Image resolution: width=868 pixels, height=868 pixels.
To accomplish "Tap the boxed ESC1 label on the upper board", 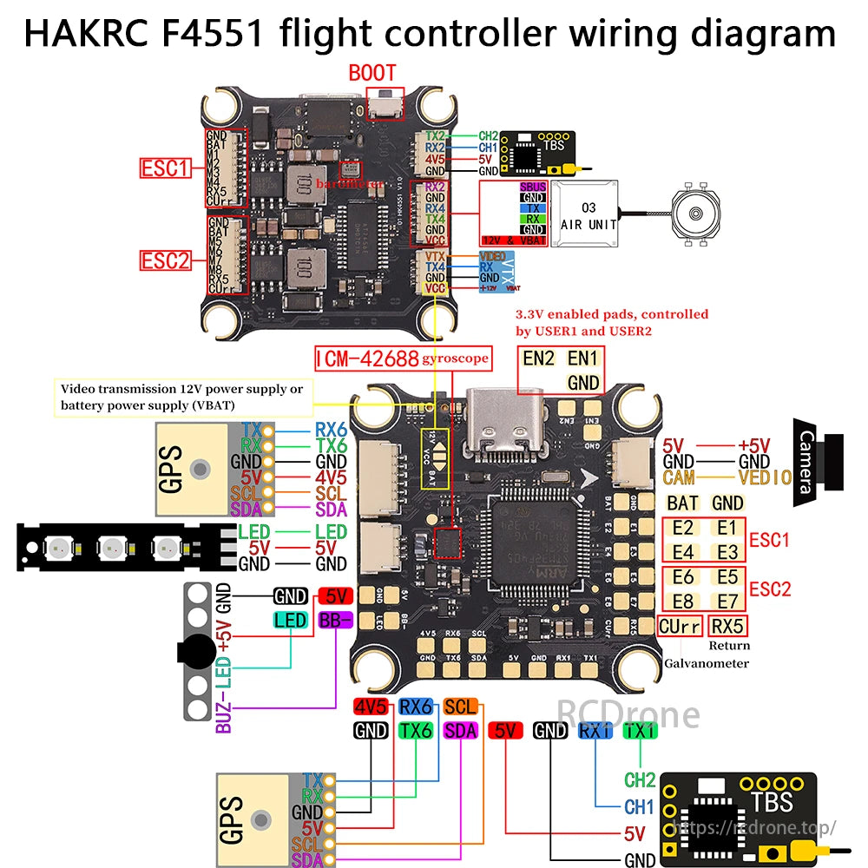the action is pos(166,168).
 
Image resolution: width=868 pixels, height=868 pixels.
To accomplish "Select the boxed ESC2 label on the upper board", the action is pos(166,260).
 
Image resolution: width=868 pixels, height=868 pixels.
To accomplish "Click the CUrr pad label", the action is pos(680,626).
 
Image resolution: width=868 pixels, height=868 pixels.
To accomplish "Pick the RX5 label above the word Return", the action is pos(727,626).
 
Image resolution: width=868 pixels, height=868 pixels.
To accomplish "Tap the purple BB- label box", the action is pos(335,620).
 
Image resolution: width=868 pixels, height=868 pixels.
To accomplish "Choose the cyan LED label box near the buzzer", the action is pos(290,620).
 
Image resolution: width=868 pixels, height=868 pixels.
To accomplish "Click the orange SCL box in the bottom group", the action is pos(460,706).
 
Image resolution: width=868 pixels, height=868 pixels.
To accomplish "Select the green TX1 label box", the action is pos(641,731).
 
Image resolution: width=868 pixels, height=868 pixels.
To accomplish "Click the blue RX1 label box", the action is pos(595,731).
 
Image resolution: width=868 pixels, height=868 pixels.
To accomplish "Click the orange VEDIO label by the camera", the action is pos(765,477).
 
